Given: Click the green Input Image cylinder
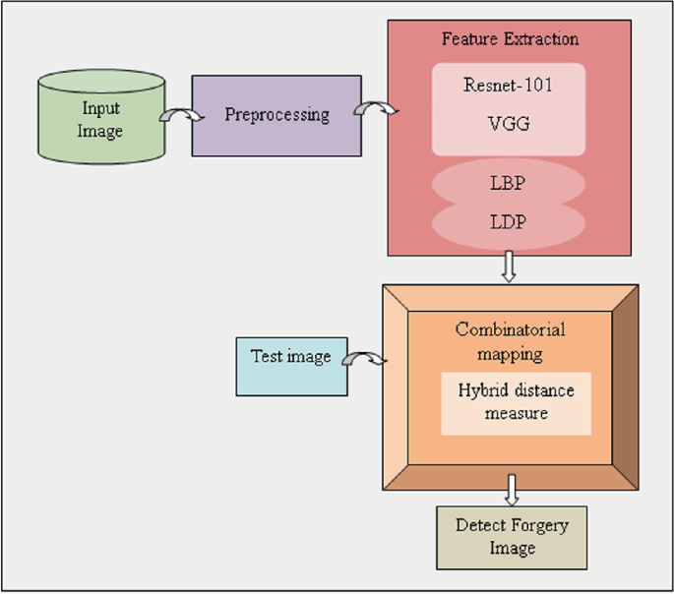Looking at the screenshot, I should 100,117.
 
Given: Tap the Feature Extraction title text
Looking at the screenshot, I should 509,39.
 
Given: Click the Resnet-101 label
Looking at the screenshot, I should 508,85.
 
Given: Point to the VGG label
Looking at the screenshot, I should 508,127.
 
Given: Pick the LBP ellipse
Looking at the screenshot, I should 508,182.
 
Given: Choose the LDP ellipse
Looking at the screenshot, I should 508,222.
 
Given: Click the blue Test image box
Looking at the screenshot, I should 291,357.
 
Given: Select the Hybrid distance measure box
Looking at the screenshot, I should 516,402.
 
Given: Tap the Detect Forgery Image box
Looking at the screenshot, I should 512,537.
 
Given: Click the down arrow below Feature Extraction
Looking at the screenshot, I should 509,267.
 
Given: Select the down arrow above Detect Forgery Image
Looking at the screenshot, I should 512,490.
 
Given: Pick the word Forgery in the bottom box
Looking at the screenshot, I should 534,525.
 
